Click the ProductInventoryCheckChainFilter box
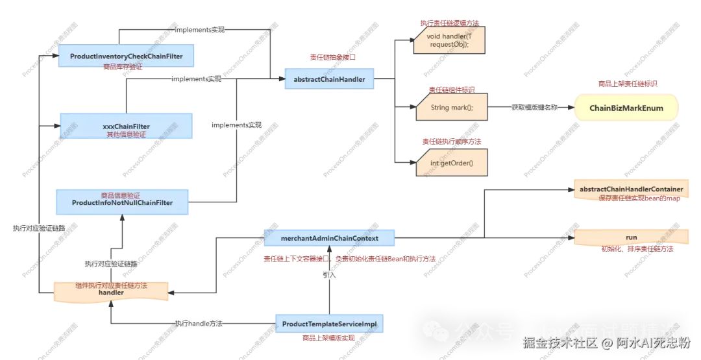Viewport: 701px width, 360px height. coord(126,56)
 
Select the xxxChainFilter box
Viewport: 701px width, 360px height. coord(126,125)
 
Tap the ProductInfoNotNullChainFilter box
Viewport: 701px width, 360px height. coord(122,202)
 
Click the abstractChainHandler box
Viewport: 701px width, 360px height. coord(330,79)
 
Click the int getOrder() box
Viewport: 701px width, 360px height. coord(450,162)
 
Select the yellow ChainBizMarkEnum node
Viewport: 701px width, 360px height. coord(626,108)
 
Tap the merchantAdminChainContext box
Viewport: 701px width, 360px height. coord(329,237)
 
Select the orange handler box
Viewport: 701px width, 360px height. coord(111,292)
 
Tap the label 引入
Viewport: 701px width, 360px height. coord(329,275)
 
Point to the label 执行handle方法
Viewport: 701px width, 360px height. coord(198,323)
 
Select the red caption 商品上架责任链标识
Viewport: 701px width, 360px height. coord(627,84)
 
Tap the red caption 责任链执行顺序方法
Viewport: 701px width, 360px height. coord(451,141)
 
